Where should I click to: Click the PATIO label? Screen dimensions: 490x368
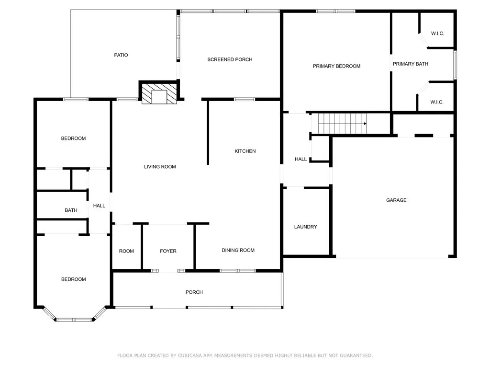click(x=121, y=55)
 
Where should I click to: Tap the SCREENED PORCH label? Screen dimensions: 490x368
click(x=230, y=59)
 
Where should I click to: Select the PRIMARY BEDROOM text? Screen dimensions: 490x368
click(x=336, y=66)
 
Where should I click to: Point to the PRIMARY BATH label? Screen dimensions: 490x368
click(x=410, y=64)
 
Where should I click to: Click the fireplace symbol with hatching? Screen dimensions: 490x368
click(x=159, y=93)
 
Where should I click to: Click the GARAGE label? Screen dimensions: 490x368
click(x=396, y=200)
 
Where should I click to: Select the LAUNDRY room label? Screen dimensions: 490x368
click(x=305, y=227)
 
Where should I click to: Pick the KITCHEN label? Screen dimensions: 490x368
click(x=245, y=151)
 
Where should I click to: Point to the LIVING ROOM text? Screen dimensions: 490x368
click(x=160, y=167)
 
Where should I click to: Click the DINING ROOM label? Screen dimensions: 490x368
click(x=238, y=250)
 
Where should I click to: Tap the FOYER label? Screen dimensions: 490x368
click(x=168, y=251)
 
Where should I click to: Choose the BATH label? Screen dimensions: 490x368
click(x=71, y=210)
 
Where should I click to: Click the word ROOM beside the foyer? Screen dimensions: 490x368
click(x=126, y=251)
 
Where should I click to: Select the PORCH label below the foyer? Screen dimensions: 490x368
click(x=194, y=292)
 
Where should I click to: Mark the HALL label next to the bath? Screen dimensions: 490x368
click(x=99, y=206)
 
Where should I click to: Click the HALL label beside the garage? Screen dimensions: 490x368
click(x=301, y=159)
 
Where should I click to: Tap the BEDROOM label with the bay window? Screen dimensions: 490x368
click(x=73, y=279)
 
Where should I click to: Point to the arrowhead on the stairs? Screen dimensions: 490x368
click(x=365, y=124)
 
